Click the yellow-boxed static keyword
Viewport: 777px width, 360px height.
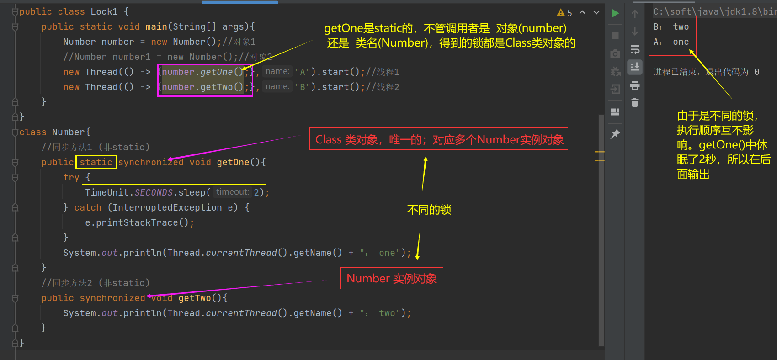(x=96, y=162)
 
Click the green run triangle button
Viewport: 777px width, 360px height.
(x=616, y=14)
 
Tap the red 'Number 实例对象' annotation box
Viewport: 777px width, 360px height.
(x=392, y=278)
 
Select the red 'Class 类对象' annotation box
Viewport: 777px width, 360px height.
(x=439, y=139)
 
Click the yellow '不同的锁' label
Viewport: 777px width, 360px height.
(x=429, y=210)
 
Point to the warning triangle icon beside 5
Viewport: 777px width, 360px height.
(x=561, y=13)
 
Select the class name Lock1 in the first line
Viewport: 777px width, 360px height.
(x=104, y=11)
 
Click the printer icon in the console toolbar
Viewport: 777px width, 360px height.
(x=635, y=85)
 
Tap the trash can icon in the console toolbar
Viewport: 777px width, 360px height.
(x=635, y=103)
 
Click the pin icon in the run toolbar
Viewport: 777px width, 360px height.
(x=615, y=134)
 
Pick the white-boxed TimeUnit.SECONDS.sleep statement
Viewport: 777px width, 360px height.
(x=174, y=192)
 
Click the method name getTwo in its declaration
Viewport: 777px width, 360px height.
(x=195, y=298)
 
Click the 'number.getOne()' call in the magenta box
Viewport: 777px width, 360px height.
(x=202, y=72)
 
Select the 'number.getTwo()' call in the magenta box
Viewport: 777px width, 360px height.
(x=202, y=87)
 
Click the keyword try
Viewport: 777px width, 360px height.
(x=71, y=177)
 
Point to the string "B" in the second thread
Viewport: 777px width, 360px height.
(x=303, y=87)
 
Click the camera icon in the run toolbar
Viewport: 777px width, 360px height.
(x=615, y=54)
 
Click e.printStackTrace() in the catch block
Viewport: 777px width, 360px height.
(x=137, y=222)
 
